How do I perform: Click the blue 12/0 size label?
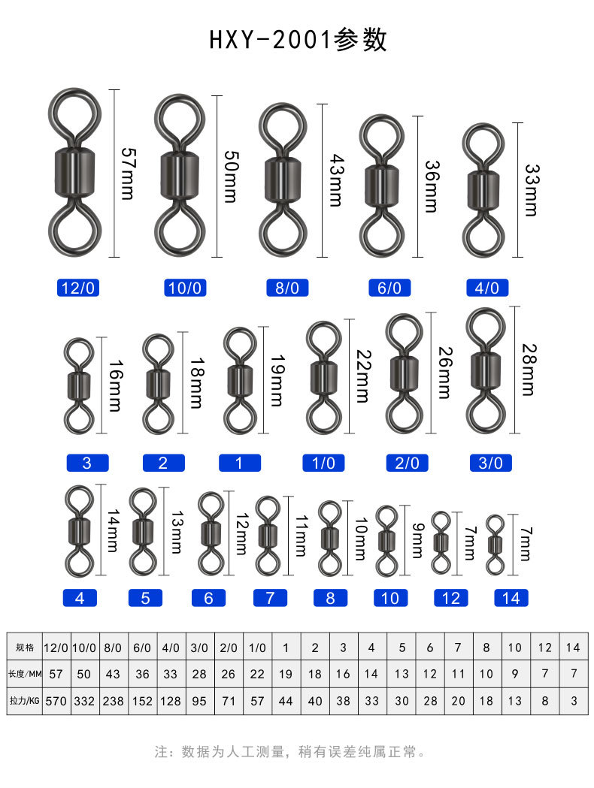click(78, 288)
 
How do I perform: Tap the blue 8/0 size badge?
click(287, 288)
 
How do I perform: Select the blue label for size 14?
click(511, 598)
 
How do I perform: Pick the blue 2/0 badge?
click(407, 463)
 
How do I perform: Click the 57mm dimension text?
click(129, 174)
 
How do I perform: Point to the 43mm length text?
click(336, 180)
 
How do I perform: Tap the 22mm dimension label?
click(363, 376)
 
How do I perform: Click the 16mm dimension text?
click(115, 386)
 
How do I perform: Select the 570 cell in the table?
click(56, 701)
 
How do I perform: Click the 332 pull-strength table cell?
click(84, 701)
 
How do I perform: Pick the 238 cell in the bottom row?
click(114, 701)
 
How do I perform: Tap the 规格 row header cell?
click(25, 648)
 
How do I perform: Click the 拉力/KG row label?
click(25, 701)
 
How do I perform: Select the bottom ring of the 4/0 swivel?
click(483, 236)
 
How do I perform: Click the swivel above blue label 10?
click(386, 541)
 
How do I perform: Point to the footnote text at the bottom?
click(290, 752)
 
